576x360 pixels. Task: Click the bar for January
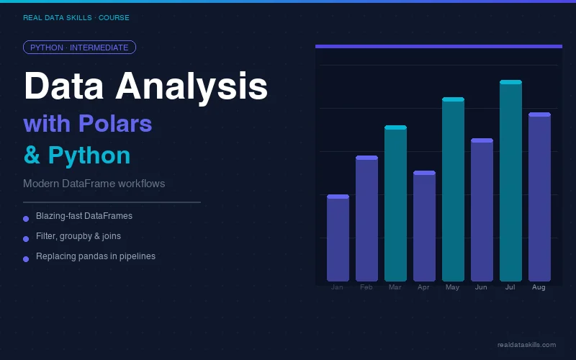(x=338, y=238)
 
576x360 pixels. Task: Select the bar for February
(x=366, y=219)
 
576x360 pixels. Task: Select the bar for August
(x=539, y=197)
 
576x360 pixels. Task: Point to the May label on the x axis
(x=452, y=287)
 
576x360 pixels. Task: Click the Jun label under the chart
(x=481, y=287)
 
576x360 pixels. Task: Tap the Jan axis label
(x=337, y=287)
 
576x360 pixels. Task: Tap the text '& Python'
(x=77, y=156)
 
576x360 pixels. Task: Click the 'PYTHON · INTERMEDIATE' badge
(x=79, y=48)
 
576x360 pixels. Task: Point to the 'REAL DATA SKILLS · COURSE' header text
(x=76, y=17)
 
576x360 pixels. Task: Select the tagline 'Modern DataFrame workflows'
(x=94, y=184)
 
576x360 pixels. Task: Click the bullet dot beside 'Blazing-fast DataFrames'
(x=26, y=218)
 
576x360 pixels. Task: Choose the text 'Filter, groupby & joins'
(x=78, y=236)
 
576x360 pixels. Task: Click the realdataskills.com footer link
(x=526, y=345)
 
